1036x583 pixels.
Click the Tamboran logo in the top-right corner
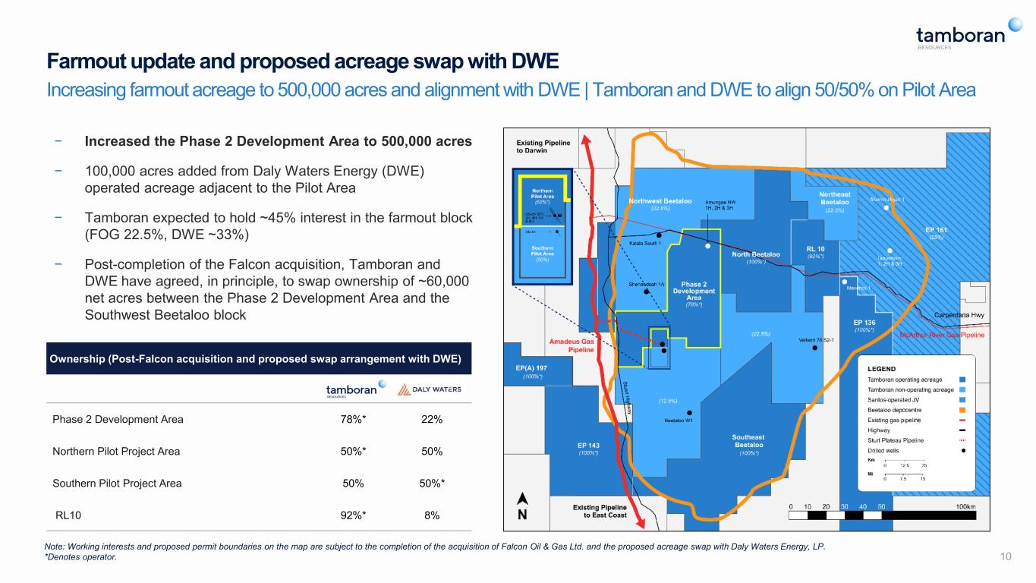click(960, 35)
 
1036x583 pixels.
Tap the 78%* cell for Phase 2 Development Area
click(351, 419)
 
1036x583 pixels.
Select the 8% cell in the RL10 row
click(433, 515)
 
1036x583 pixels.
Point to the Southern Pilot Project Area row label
click(117, 483)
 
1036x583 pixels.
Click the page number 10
click(1006, 558)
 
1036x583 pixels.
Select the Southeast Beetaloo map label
click(748, 441)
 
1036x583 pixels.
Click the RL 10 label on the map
click(815, 248)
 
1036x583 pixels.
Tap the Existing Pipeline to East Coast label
click(600, 511)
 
